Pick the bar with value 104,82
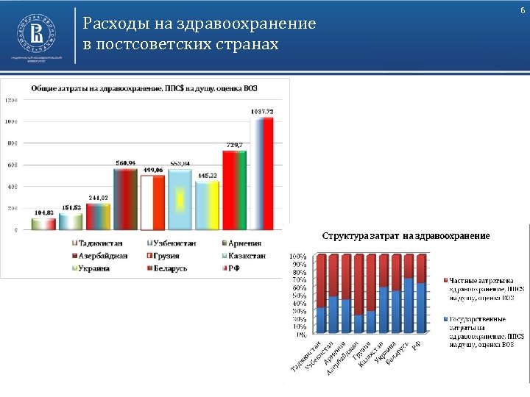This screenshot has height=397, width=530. click(x=43, y=223)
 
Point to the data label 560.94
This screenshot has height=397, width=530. click(x=125, y=163)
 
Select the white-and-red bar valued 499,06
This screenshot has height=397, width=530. click(x=152, y=202)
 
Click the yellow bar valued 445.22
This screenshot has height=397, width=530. click(x=207, y=205)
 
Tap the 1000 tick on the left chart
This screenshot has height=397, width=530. click(x=13, y=122)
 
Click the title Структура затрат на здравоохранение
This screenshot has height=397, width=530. click(x=406, y=236)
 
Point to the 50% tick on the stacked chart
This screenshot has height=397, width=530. click(x=299, y=296)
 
